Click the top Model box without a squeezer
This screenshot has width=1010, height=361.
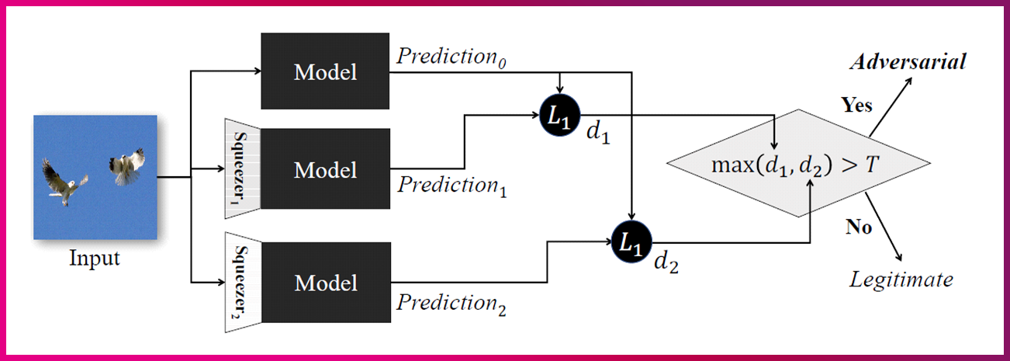325,71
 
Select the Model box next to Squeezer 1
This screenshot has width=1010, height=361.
325,169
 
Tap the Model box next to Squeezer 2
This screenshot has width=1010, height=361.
325,283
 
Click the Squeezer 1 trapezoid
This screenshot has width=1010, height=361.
241,166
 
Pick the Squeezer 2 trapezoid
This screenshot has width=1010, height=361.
241,283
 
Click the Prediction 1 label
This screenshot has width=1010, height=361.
452,186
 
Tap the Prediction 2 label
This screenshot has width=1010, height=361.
452,304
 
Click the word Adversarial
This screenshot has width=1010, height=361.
907,63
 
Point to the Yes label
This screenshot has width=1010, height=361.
857,103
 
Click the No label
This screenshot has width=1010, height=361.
859,227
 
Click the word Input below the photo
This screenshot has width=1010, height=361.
95,259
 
